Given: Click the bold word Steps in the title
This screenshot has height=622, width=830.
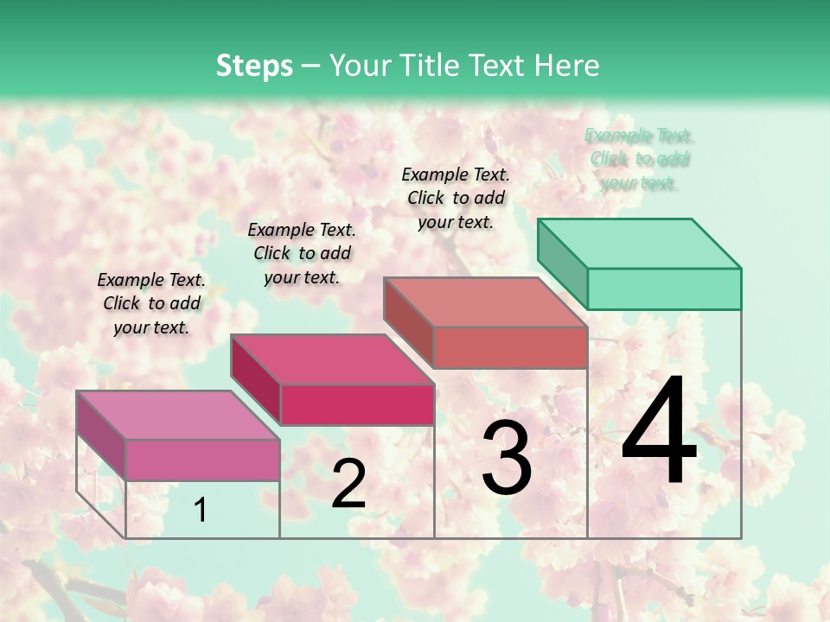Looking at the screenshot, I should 254,66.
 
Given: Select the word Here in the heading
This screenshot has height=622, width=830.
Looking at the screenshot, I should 569,66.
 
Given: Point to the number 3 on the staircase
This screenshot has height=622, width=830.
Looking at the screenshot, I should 507,458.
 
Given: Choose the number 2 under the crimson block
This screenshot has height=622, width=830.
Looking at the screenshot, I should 348,484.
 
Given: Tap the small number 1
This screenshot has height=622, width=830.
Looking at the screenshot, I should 201,511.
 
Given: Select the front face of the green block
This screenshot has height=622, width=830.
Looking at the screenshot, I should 664,289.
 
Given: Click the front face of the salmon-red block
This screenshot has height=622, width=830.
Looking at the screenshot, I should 510,347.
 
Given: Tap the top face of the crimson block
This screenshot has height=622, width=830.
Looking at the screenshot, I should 332,359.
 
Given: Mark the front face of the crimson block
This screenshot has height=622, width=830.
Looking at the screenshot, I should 357,404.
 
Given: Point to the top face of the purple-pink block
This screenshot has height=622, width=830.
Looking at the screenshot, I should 178,415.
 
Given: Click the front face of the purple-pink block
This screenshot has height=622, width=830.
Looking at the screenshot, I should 202,460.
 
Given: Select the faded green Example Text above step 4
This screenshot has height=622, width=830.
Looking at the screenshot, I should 640,159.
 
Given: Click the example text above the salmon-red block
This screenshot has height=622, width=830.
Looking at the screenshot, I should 456,198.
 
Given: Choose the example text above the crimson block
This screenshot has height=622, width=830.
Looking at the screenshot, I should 302,253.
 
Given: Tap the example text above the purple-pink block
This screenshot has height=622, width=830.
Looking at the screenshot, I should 151,303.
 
